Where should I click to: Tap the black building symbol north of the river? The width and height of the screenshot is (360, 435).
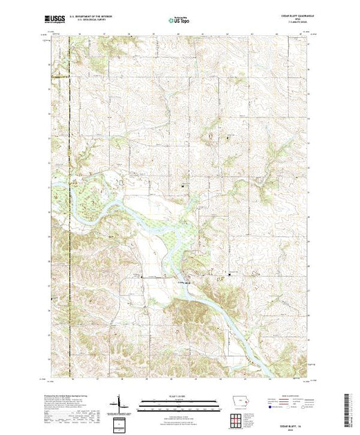tap(183, 185)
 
